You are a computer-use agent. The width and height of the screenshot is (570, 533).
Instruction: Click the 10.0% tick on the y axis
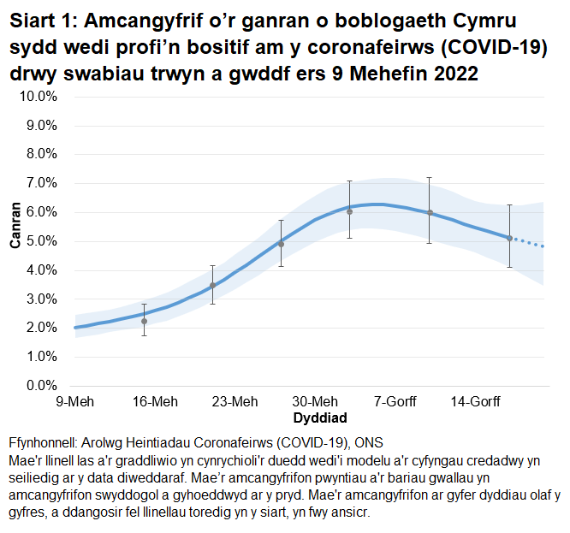[38, 96]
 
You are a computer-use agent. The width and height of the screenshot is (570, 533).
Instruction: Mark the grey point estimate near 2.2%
[144, 321]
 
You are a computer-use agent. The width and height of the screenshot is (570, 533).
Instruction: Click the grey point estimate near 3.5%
[212, 285]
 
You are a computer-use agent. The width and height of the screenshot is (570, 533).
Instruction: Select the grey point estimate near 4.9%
[281, 244]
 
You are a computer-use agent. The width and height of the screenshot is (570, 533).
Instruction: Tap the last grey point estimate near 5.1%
[509, 239]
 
